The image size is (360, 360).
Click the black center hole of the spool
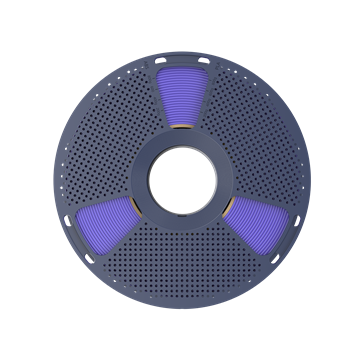point(180,180)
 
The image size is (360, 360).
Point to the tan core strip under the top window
point(180,131)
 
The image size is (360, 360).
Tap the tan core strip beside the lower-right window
point(222,204)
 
